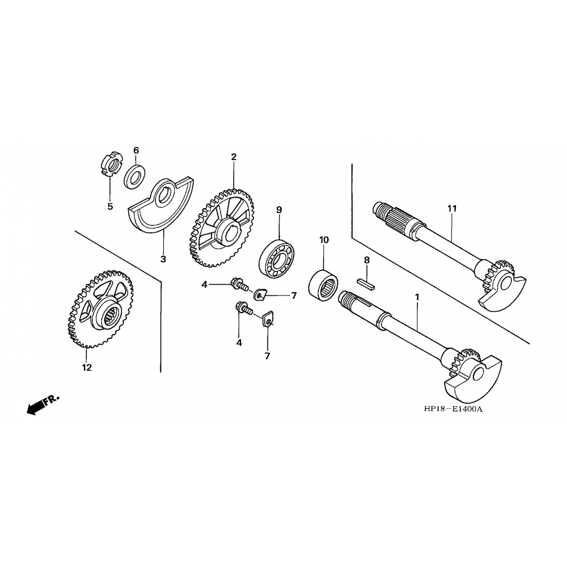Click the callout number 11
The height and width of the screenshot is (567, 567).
(x=452, y=209)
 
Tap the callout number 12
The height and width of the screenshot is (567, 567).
(x=87, y=367)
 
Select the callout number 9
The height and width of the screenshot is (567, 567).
(x=279, y=210)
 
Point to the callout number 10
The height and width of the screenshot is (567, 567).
(x=324, y=240)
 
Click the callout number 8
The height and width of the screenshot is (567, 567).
(x=367, y=260)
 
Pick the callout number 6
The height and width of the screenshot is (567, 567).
(x=136, y=150)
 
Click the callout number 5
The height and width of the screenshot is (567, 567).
(x=110, y=206)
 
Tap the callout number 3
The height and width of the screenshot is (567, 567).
(x=163, y=259)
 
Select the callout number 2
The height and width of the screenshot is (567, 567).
(x=234, y=157)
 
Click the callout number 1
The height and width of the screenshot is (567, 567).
(x=417, y=297)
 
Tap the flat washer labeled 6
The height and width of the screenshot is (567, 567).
(x=135, y=177)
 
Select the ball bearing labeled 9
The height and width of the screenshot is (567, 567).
(x=276, y=258)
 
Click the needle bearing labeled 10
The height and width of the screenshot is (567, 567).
(x=323, y=285)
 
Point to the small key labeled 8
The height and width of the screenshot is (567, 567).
(x=366, y=284)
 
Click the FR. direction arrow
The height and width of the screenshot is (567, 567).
(x=43, y=405)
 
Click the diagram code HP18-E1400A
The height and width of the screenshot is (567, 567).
(x=454, y=409)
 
